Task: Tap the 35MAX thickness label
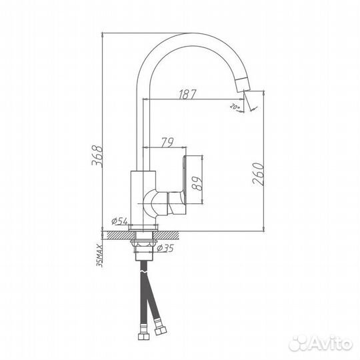pos(100,254)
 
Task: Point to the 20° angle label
pos(233,105)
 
